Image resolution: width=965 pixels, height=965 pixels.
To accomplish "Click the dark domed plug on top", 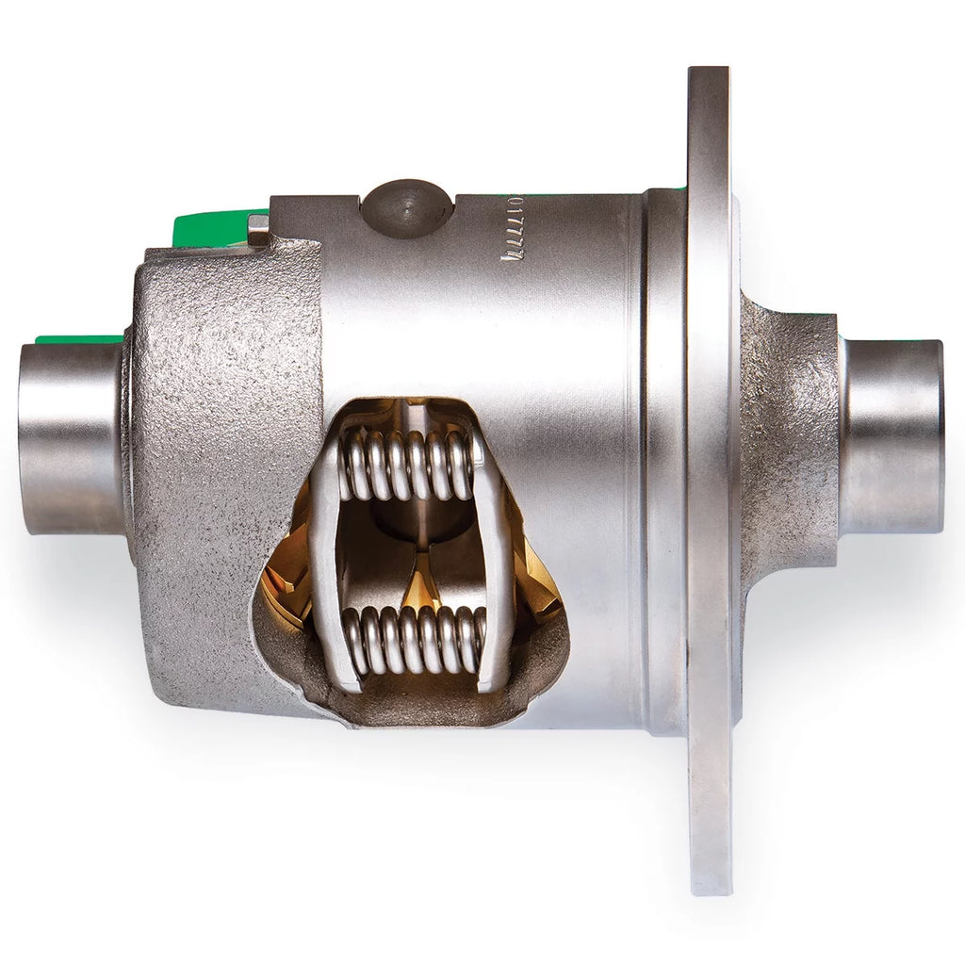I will [x=407, y=207].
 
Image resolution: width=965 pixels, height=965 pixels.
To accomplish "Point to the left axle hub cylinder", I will [x=71, y=438].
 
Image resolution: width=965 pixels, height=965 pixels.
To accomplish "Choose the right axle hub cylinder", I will [x=891, y=436].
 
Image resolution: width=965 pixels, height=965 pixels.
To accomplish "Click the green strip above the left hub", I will [x=79, y=339].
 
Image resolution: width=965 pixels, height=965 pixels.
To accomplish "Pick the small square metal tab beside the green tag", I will [x=257, y=227].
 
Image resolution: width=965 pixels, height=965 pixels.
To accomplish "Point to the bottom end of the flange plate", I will [x=711, y=876].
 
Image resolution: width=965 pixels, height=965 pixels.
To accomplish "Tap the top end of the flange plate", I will [x=708, y=80].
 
